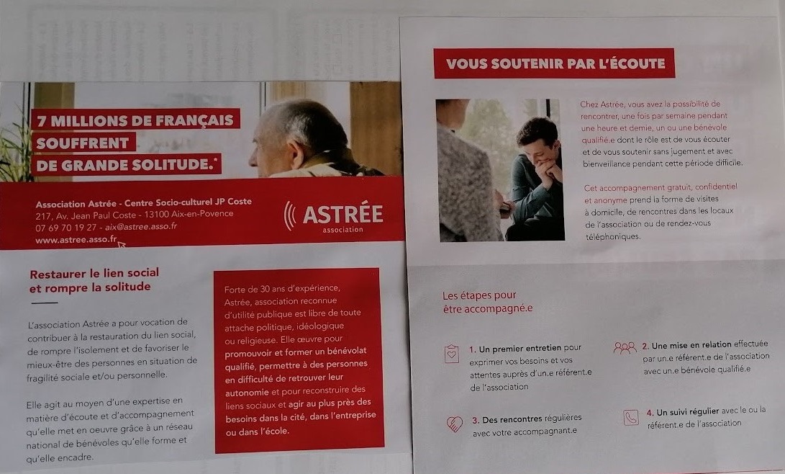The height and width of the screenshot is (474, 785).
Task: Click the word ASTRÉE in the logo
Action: pyautogui.click(x=343, y=215)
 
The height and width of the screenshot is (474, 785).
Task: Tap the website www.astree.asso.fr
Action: pyautogui.click(x=76, y=239)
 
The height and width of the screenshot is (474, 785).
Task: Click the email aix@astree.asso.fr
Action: pyautogui.click(x=141, y=226)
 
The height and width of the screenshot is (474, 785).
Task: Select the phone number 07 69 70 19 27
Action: pyautogui.click(x=65, y=228)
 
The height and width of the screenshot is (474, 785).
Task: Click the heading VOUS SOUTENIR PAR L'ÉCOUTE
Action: pyautogui.click(x=555, y=63)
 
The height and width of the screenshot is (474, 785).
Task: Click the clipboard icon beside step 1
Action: pyautogui.click(x=452, y=353)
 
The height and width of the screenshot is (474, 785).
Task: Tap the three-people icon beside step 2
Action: pyautogui.click(x=625, y=348)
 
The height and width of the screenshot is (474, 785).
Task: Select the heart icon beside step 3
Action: pyautogui.click(x=454, y=424)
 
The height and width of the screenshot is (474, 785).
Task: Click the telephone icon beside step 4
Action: pyautogui.click(x=631, y=417)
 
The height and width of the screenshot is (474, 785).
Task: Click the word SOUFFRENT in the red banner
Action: pyautogui.click(x=83, y=143)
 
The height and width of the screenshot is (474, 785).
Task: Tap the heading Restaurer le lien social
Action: pyautogui.click(x=94, y=274)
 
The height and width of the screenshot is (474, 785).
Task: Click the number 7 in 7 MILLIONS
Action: pyautogui.click(x=42, y=121)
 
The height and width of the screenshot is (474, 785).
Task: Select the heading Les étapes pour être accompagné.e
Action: pyautogui.click(x=487, y=302)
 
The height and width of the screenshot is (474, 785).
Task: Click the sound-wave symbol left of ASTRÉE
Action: pyautogui.click(x=289, y=215)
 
